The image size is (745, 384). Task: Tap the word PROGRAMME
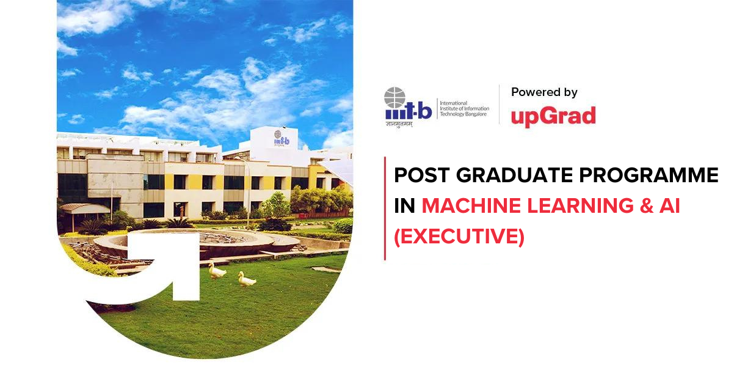[x=661, y=175]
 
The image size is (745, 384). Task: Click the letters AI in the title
[x=670, y=206]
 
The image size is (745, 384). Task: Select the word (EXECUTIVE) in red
[x=459, y=237]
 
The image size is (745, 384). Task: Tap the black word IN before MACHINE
[x=404, y=206]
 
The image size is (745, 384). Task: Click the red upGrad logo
[x=553, y=116]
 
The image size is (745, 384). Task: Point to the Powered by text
[x=544, y=92]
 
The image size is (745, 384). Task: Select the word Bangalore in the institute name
[x=474, y=114]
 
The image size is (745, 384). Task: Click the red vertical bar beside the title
[x=385, y=208]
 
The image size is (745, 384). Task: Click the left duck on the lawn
[x=217, y=270]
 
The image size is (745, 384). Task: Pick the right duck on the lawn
[x=247, y=280]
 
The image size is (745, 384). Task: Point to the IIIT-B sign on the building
[x=282, y=140]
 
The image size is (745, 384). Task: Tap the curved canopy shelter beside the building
[x=85, y=209]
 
